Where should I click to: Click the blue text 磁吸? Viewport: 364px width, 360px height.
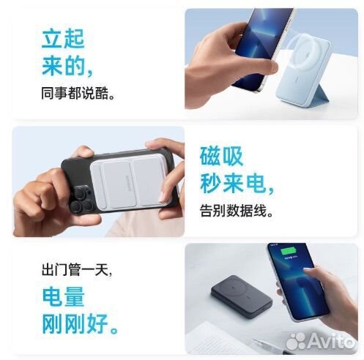(x=222, y=156)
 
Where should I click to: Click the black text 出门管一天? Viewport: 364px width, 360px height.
(x=76, y=270)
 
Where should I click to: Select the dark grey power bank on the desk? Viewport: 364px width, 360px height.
(x=246, y=293)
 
